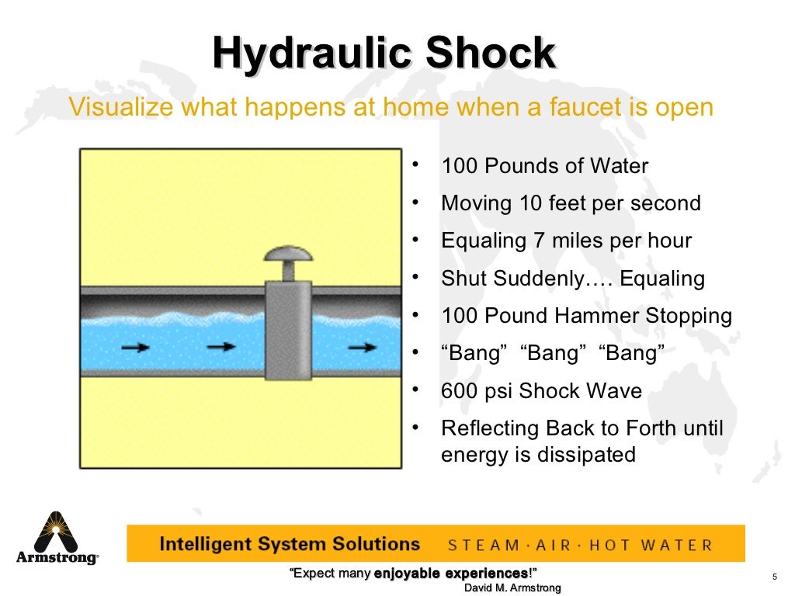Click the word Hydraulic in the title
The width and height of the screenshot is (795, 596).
click(309, 54)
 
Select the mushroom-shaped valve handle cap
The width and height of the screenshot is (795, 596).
click(287, 255)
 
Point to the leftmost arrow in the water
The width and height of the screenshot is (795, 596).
click(136, 348)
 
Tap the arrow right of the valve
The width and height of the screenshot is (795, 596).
click(362, 348)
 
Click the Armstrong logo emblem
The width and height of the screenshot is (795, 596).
click(56, 532)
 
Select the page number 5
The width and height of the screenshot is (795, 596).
click(775, 575)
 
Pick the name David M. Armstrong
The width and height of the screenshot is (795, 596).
click(512, 588)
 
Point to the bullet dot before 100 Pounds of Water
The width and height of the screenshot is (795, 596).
click(416, 165)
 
